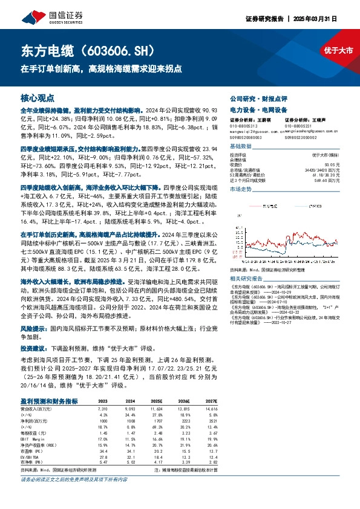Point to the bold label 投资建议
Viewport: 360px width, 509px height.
coord(33,349)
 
